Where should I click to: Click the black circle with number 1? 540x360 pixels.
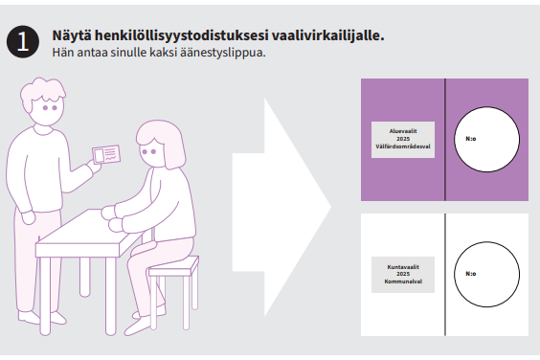[23, 42]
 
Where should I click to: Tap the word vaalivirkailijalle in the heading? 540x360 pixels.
[327, 35]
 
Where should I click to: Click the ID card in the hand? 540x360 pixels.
[106, 154]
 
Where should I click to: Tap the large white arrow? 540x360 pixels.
[281, 208]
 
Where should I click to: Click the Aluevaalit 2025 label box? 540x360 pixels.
[403, 140]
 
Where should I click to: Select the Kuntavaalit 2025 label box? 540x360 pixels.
[403, 275]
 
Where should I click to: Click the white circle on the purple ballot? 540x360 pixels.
[486, 139]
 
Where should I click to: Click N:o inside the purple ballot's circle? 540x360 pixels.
[471, 139]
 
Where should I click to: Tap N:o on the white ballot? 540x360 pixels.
[471, 274]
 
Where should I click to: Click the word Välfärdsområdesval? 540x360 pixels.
[403, 146]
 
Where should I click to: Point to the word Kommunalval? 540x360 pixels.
[403, 281]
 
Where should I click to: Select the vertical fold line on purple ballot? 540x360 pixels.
[445, 140]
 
